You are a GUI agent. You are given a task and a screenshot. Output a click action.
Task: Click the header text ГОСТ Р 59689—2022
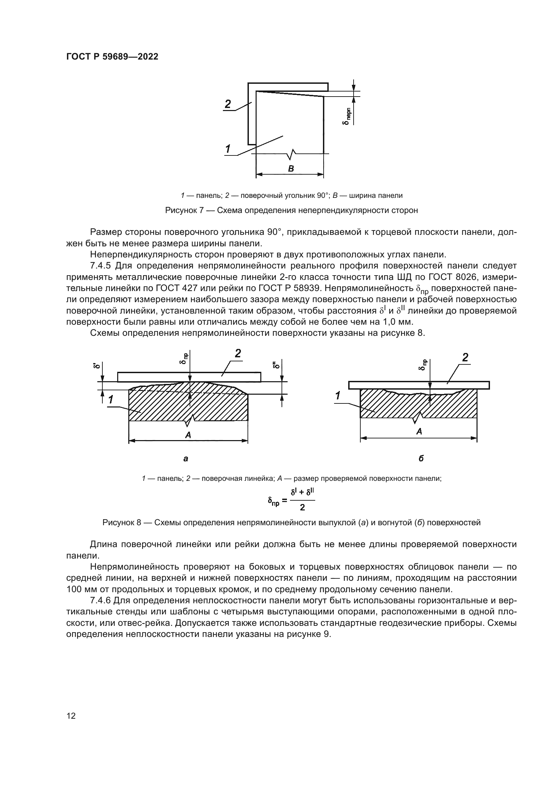(112, 57)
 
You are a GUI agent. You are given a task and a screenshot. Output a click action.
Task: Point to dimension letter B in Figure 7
(291, 168)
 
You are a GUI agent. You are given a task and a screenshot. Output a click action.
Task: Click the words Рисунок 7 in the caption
(185, 210)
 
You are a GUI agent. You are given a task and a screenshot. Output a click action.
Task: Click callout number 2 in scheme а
(238, 353)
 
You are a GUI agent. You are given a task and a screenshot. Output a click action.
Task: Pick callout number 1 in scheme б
(338, 396)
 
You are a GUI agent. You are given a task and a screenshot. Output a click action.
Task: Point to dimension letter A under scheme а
(188, 435)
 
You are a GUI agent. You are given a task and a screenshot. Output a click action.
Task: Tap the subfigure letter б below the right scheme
(421, 459)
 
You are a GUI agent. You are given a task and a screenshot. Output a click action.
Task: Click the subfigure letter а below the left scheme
(186, 459)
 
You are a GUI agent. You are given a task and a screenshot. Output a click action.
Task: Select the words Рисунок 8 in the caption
(122, 523)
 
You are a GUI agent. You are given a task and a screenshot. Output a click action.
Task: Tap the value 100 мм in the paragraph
(79, 589)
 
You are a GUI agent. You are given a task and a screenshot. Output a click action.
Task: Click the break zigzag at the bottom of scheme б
(419, 419)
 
